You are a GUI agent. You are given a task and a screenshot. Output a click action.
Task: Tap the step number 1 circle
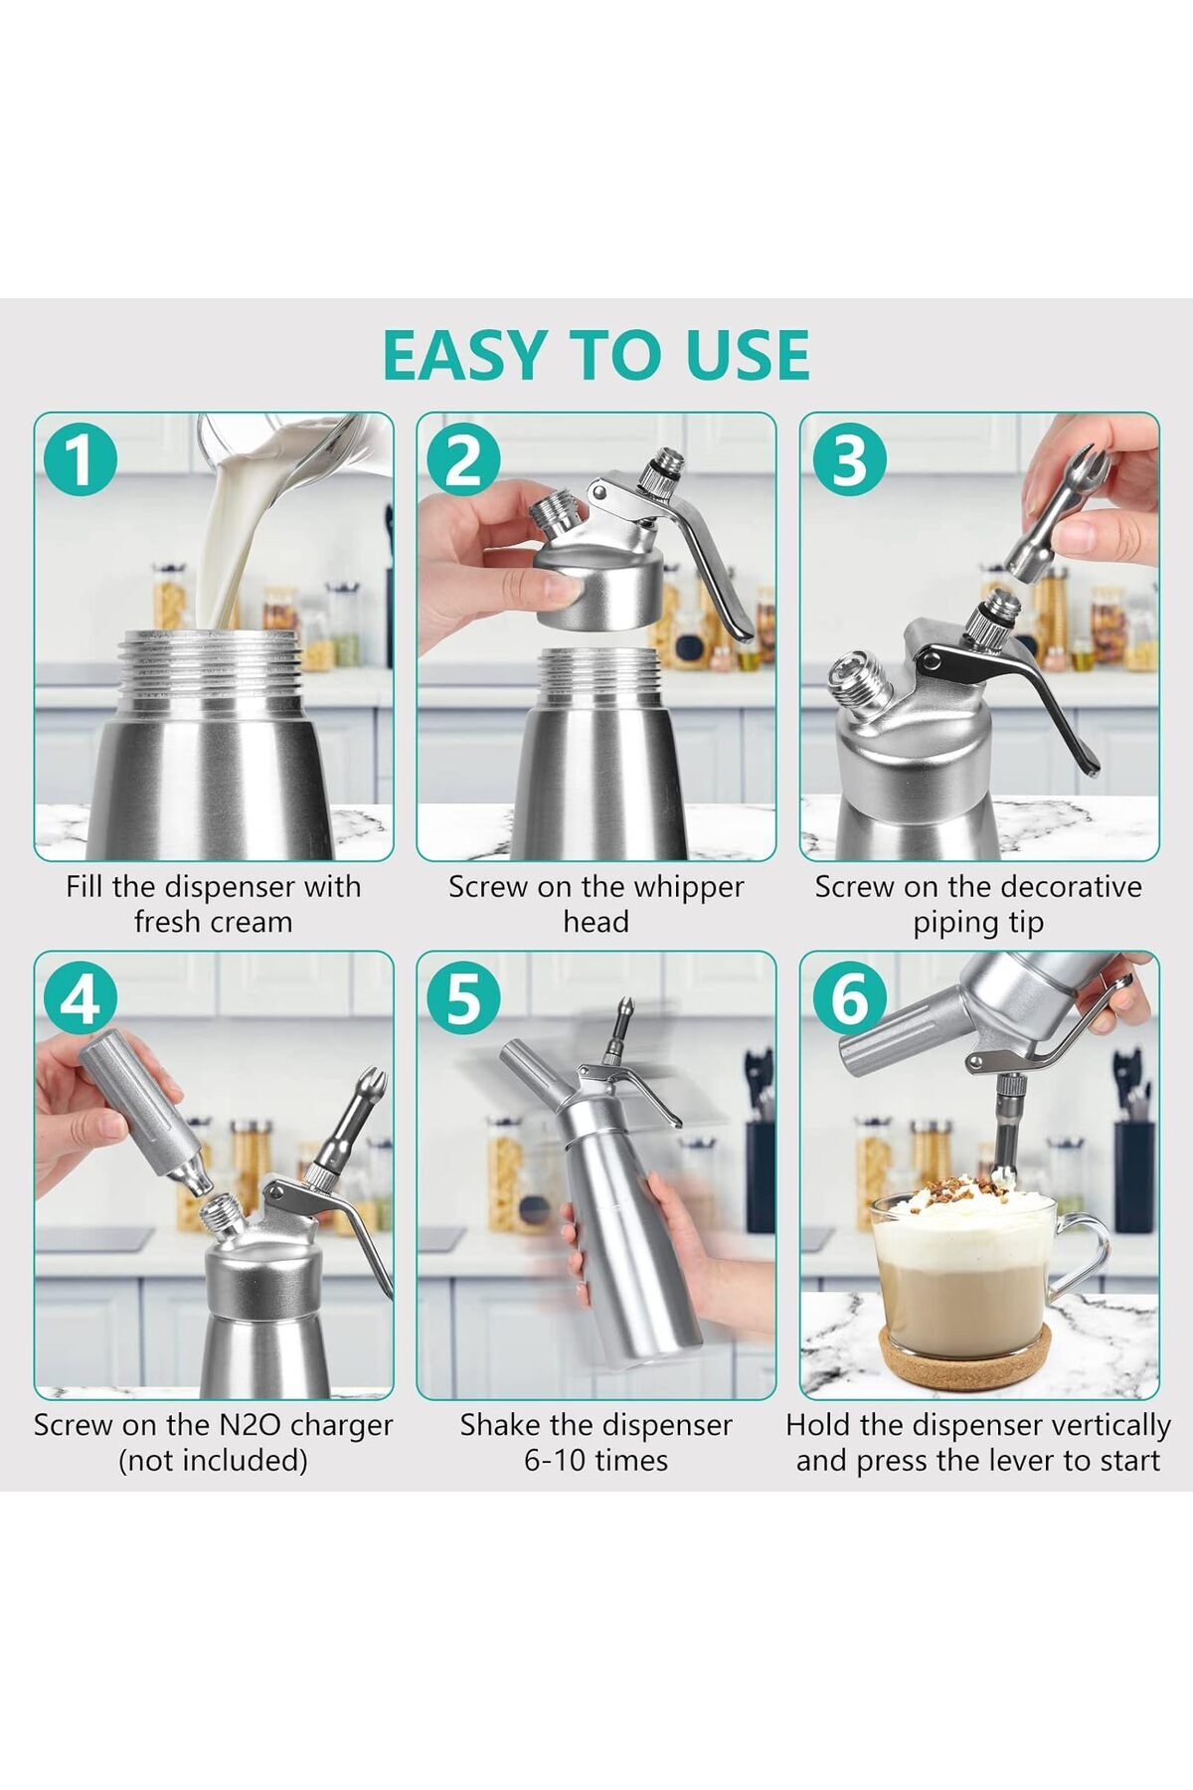(x=81, y=459)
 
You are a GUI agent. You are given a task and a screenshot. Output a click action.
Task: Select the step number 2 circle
(x=463, y=459)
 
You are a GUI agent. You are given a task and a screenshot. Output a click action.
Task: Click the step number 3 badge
(x=848, y=459)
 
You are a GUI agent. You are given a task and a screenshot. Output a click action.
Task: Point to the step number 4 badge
(x=81, y=998)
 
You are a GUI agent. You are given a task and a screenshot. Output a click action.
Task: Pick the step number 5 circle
(x=463, y=998)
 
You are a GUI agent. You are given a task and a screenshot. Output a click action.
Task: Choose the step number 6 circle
(x=848, y=998)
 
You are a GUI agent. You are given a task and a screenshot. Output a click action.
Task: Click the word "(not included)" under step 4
(x=213, y=1461)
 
